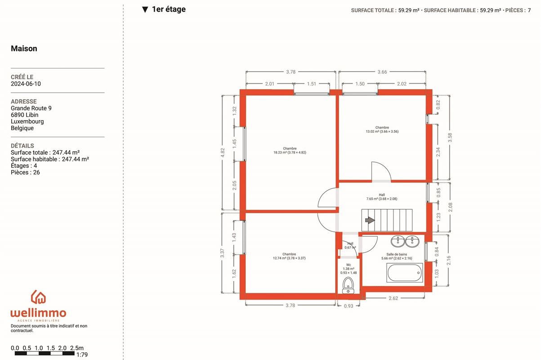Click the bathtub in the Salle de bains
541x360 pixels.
pyautogui.click(x=405, y=272)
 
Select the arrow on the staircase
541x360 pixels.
pyautogui.click(x=369, y=220)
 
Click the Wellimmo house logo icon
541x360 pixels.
pyautogui.click(x=38, y=297)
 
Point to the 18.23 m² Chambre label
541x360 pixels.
pyautogui.click(x=290, y=151)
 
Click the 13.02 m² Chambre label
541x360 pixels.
pyautogui.click(x=382, y=130)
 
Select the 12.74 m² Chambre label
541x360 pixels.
pyautogui.click(x=289, y=256)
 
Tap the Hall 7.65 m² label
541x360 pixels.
pyautogui.click(x=381, y=197)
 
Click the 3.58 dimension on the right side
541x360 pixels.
pyautogui.click(x=450, y=138)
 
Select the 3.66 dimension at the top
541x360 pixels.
pyautogui.click(x=382, y=72)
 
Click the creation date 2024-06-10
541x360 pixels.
pyautogui.click(x=26, y=84)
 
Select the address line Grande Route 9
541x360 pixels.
pyautogui.click(x=31, y=108)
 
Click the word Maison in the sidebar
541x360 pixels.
pyautogui.click(x=24, y=49)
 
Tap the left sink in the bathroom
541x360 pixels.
pyautogui.click(x=398, y=242)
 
